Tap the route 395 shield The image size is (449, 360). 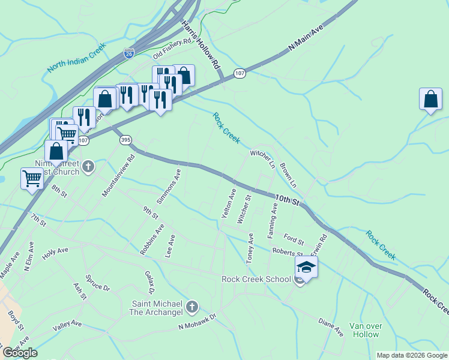point(125,140)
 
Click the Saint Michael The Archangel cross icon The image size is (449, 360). point(191,307)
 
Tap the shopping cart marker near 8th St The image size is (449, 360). point(32,178)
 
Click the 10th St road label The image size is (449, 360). point(288,200)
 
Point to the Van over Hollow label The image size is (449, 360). point(366,329)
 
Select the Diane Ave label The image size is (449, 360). point(331,327)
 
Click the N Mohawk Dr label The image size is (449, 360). point(197,322)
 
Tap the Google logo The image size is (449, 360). point(20,352)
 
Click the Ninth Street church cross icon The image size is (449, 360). point(88,166)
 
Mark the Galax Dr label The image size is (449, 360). point(150,283)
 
